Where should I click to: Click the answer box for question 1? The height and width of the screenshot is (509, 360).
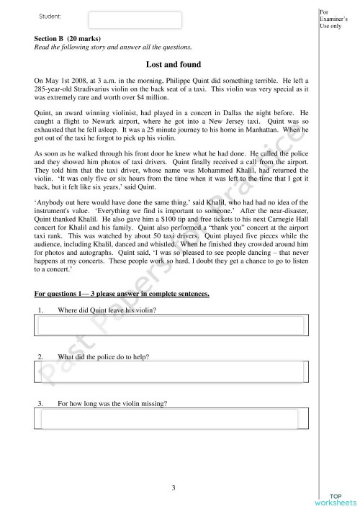coord(172,325)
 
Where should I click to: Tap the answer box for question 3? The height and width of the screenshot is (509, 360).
coord(172,418)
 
